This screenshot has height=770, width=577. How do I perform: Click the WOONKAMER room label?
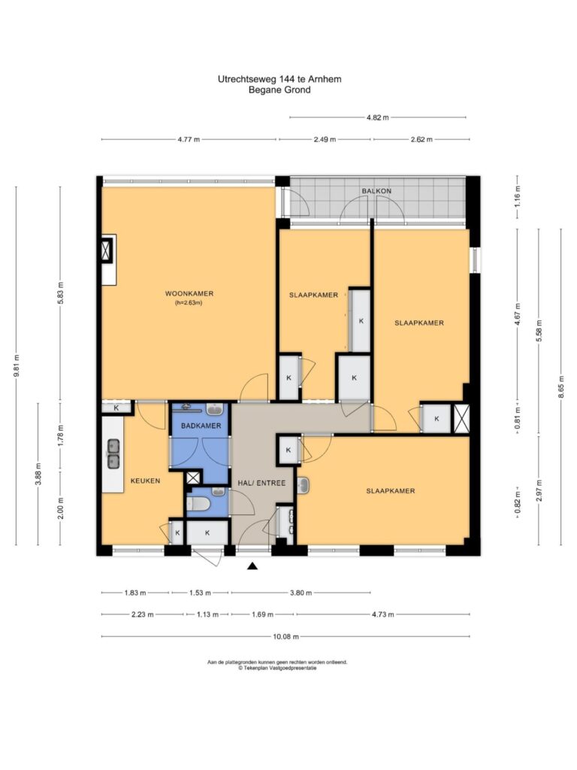pyautogui.click(x=189, y=294)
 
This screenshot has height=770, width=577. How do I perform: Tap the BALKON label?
pyautogui.click(x=377, y=190)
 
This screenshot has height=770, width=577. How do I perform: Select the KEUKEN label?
pyautogui.click(x=145, y=480)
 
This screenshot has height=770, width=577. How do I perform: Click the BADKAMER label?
pyautogui.click(x=201, y=426)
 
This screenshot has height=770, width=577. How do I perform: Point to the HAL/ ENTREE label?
pyautogui.click(x=261, y=483)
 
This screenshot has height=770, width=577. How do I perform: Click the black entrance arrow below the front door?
pyautogui.click(x=252, y=566)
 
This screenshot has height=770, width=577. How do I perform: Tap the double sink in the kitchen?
pyautogui.click(x=114, y=453)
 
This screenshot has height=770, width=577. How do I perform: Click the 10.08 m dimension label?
pyautogui.click(x=285, y=636)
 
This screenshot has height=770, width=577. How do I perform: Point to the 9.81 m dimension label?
pyautogui.click(x=17, y=366)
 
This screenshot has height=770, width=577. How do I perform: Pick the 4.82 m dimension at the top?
pyautogui.click(x=377, y=117)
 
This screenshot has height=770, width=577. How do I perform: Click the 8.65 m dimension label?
pyautogui.click(x=561, y=388)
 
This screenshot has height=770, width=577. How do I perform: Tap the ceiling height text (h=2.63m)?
pyautogui.click(x=189, y=303)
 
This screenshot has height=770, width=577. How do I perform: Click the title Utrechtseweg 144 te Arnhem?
pyautogui.click(x=279, y=79)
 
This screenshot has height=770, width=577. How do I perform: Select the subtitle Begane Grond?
pyautogui.click(x=279, y=90)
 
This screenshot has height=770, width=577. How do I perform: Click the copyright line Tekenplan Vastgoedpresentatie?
pyautogui.click(x=278, y=668)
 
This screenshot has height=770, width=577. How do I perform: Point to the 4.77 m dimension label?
pyautogui.click(x=189, y=139)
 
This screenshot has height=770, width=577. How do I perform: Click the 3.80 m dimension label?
pyautogui.click(x=301, y=593)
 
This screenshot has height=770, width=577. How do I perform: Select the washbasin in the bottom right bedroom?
pyautogui.click(x=303, y=485)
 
